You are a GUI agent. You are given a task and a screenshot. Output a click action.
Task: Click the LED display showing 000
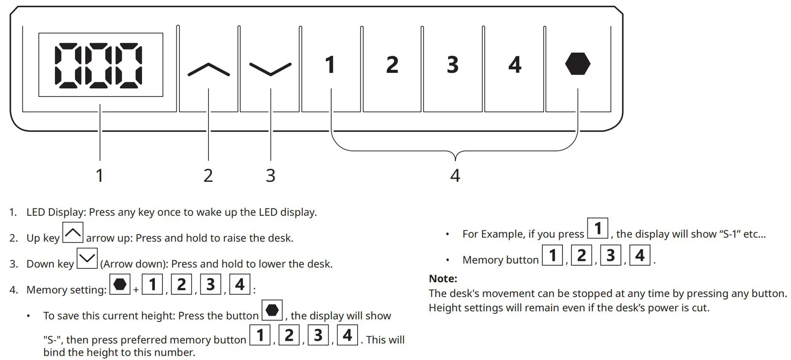click(x=100, y=65)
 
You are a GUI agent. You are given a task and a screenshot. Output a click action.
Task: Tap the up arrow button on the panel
click(x=208, y=70)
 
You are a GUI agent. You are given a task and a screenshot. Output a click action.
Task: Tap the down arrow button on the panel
click(x=270, y=69)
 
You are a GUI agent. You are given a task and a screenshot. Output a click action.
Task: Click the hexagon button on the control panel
click(x=578, y=64)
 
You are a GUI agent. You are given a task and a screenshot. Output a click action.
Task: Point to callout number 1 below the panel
click(x=100, y=176)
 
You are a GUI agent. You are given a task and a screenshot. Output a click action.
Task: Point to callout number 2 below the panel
click(x=208, y=176)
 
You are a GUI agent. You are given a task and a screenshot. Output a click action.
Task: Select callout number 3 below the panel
click(x=271, y=176)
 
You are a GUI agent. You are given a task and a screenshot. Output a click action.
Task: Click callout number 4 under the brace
click(x=455, y=176)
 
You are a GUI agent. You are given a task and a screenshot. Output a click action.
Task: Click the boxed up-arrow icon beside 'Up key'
click(x=73, y=232)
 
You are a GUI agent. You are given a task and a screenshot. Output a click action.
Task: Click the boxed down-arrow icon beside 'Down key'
click(x=87, y=258)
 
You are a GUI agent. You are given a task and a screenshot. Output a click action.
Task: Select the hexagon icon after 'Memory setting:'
click(x=120, y=284)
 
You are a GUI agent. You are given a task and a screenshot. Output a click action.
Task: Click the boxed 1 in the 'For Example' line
click(x=598, y=228)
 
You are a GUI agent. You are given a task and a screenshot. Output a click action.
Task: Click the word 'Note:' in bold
click(x=443, y=279)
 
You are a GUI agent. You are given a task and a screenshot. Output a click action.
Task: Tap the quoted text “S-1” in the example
click(x=729, y=234)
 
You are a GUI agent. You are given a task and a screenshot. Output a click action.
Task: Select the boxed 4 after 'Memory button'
click(x=640, y=255)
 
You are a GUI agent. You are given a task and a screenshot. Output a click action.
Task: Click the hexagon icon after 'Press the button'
click(x=272, y=310)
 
